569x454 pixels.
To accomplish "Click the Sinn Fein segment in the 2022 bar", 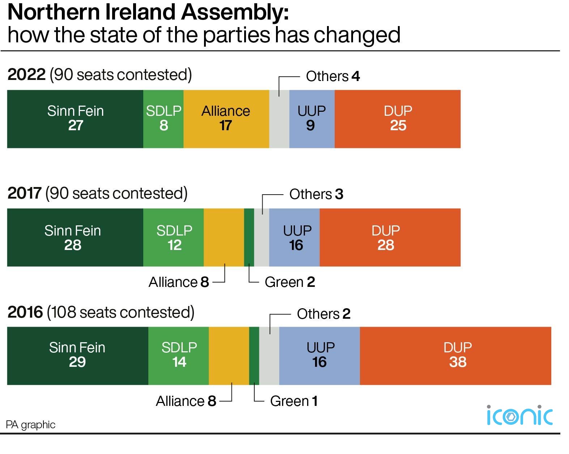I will tap(75, 119).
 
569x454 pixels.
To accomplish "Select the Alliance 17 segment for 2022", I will tap(226, 119).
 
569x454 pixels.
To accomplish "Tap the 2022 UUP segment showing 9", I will tap(311, 119).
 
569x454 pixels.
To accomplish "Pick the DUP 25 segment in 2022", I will tap(397, 119).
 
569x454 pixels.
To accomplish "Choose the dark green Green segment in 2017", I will tap(249, 237).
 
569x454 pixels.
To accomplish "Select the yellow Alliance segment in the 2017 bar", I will tap(224, 237).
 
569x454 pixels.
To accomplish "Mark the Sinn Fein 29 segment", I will tap(77, 356).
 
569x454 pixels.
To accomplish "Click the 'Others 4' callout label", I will tap(333, 76).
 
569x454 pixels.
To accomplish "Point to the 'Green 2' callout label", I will tap(290, 282).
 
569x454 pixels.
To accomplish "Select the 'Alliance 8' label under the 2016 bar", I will tap(186, 401).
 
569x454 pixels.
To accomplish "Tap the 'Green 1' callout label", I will tap(294, 401).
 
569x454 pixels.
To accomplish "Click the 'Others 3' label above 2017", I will tap(316, 194).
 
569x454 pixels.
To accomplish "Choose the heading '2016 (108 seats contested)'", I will tap(101, 312).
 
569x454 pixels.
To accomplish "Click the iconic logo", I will tap(519, 416).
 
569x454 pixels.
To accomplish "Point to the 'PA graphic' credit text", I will tap(31, 425).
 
